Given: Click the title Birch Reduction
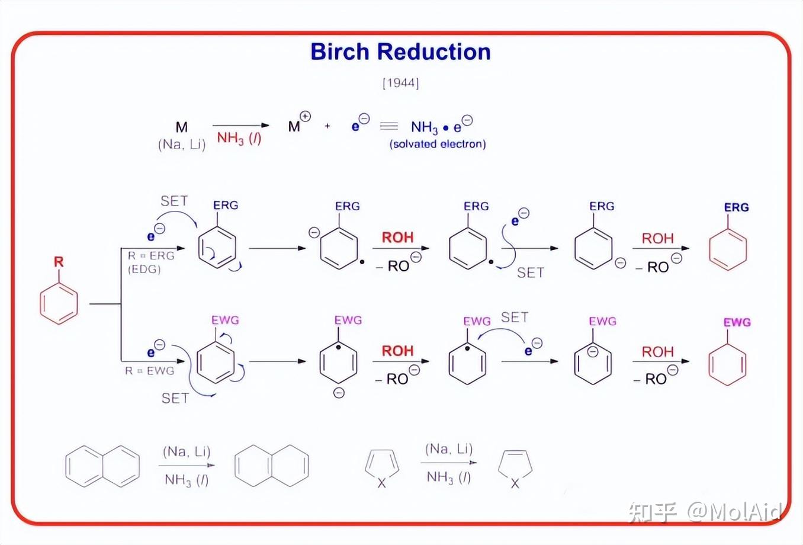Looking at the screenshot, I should click(400, 52).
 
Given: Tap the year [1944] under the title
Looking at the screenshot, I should click(401, 83).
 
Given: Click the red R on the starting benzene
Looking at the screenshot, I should click(58, 262).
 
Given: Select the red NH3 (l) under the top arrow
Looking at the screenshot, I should click(239, 139).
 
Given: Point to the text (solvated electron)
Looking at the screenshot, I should click(438, 144).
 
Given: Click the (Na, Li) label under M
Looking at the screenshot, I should click(181, 145).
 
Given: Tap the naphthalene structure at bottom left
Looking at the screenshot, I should click(102, 466).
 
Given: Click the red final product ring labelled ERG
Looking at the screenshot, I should click(728, 249).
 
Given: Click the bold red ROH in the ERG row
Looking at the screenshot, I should click(397, 238).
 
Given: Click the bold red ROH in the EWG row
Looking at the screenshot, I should click(397, 351).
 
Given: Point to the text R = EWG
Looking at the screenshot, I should click(149, 371).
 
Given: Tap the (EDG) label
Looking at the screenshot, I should click(144, 269).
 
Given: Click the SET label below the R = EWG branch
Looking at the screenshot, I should click(175, 398).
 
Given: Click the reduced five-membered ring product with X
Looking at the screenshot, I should click(515, 468).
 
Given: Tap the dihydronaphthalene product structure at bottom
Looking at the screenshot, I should click(272, 466).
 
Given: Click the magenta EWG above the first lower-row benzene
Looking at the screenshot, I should click(225, 320).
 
